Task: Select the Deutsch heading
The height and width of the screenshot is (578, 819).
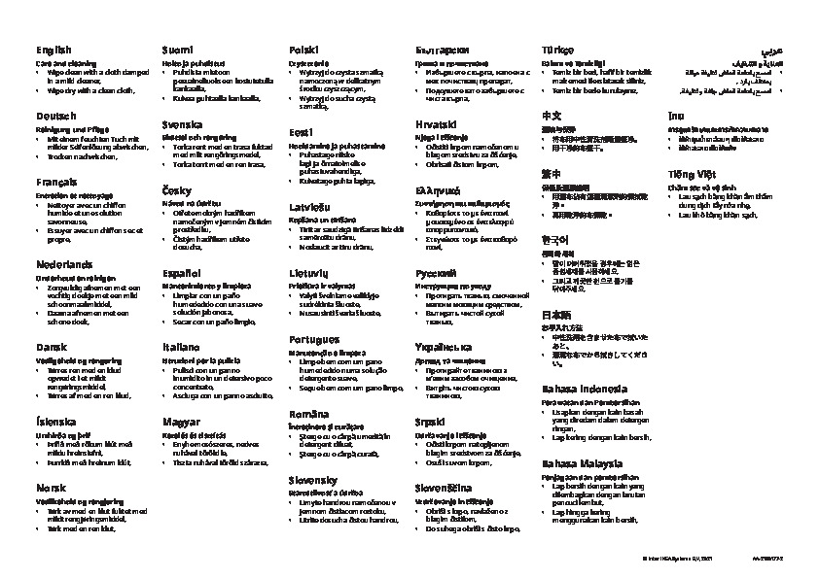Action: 54,116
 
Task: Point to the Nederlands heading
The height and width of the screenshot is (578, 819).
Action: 64,263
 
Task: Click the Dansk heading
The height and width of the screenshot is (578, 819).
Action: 51,345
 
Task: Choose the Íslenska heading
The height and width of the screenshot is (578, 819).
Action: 55,422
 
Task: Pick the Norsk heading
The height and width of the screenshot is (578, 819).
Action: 50,489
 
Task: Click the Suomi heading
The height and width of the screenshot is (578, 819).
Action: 176,49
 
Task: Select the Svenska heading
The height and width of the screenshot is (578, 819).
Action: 182,125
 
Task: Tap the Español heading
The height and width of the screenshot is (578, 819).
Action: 182,274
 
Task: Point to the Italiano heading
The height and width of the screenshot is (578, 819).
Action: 181,346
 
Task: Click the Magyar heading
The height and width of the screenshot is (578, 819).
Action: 181,422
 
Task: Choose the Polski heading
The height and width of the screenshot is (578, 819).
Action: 303,50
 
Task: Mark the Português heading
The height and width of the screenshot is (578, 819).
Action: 313,339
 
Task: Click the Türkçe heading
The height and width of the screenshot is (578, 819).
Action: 558,49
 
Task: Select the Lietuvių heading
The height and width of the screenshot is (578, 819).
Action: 307,274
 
